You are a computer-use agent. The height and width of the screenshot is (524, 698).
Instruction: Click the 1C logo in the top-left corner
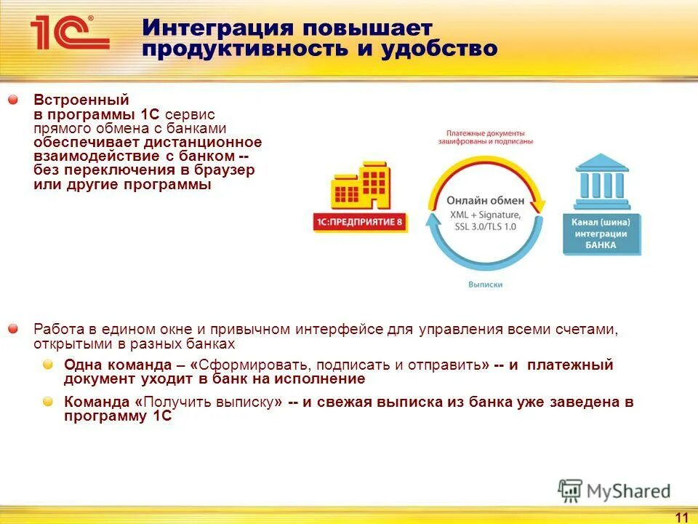(x=69, y=33)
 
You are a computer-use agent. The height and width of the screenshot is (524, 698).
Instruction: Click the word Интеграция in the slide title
(x=217, y=28)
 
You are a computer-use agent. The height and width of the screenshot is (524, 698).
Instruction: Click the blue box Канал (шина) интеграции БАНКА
(x=601, y=234)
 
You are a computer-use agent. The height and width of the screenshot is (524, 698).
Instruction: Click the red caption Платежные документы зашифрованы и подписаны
(x=485, y=138)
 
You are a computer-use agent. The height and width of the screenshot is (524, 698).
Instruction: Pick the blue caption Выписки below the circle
(x=484, y=285)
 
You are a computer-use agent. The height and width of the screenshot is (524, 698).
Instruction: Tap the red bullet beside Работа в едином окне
(x=13, y=330)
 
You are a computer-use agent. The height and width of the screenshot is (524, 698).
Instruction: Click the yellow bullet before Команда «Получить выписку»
(x=47, y=402)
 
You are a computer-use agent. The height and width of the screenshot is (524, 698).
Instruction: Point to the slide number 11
(x=681, y=517)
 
